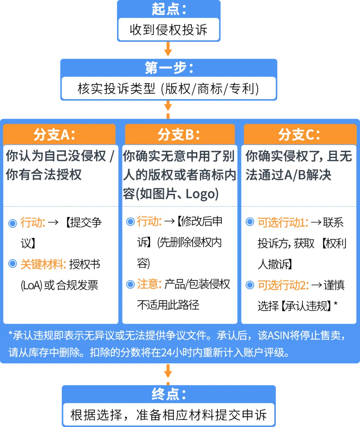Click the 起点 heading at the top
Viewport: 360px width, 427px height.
pyautogui.click(x=168, y=9)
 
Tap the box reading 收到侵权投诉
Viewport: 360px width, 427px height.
pyautogui.click(x=168, y=30)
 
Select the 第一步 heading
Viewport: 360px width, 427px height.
pyautogui.click(x=168, y=68)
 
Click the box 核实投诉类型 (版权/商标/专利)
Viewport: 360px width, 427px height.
pyautogui.click(x=168, y=89)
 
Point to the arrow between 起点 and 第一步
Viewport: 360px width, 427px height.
pyautogui.click(x=168, y=50)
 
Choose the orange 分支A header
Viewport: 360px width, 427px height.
pyautogui.click(x=59, y=134)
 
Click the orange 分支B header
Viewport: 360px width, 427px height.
pyautogui.click(x=179, y=134)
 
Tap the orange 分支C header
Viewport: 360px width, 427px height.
pyautogui.click(x=299, y=134)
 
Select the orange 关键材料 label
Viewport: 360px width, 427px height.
pyautogui.click(x=43, y=265)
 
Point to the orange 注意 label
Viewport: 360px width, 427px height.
pyautogui.click(x=149, y=284)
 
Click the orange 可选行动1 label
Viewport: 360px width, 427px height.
pyautogui.click(x=283, y=223)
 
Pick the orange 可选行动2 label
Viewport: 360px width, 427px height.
pyautogui.click(x=283, y=285)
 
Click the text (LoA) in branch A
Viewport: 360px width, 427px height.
pyautogui.click(x=31, y=285)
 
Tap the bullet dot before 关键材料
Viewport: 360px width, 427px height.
pyautogui.click(x=13, y=264)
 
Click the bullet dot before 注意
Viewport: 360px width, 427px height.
pyautogui.click(x=130, y=284)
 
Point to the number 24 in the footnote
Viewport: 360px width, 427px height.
pyautogui.click(x=166, y=352)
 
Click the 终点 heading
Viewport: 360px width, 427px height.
pyautogui.click(x=168, y=394)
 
